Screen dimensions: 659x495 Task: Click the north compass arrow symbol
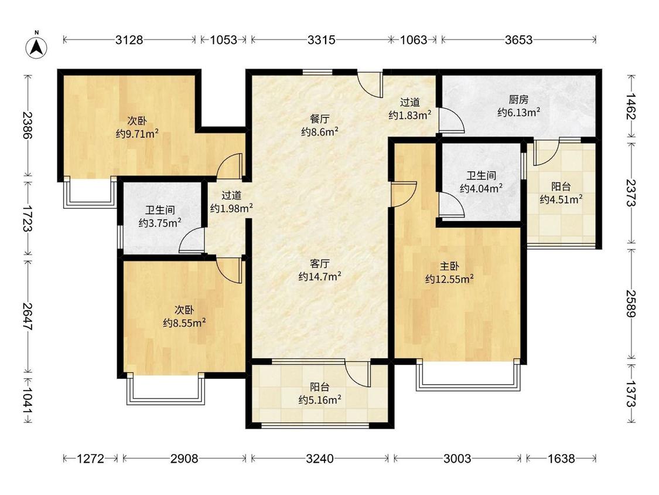click(36, 47)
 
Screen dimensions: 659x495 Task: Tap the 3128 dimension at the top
click(129, 40)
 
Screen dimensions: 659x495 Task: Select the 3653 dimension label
click(518, 40)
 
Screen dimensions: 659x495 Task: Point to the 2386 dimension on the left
click(28, 125)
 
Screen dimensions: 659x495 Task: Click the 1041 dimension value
click(28, 400)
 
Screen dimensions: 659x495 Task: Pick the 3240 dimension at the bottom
click(320, 459)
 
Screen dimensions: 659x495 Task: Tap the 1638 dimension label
click(561, 459)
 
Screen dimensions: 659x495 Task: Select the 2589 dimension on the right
click(631, 303)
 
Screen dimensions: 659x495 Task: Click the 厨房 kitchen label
click(518, 100)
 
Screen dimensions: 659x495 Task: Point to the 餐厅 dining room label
click(320, 119)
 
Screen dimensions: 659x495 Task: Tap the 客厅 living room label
click(320, 264)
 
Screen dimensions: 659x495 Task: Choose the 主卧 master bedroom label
click(449, 266)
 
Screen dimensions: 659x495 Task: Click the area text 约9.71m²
click(138, 134)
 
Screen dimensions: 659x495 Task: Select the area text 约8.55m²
click(185, 323)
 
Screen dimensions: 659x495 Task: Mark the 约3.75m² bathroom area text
click(160, 223)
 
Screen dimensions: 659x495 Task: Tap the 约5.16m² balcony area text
click(320, 399)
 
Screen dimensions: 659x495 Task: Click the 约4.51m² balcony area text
click(561, 199)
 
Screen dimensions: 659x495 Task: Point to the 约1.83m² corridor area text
click(410, 115)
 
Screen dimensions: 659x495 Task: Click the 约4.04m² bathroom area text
click(482, 188)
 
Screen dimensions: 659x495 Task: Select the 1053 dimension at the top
click(224, 40)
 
